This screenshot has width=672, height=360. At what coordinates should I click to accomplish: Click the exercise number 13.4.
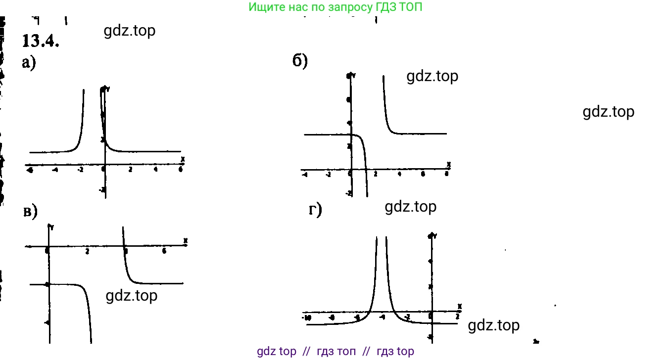41,41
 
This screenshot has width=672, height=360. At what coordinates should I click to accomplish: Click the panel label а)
29,64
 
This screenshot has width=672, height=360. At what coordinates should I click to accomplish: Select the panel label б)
300,61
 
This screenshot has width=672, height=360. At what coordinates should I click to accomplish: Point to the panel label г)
315,211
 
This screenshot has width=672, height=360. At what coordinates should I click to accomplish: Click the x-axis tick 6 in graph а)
181,170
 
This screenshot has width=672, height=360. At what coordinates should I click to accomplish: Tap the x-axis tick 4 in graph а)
156,170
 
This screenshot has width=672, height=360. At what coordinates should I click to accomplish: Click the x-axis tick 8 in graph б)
447,174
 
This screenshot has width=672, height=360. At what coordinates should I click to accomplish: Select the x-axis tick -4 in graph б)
304,175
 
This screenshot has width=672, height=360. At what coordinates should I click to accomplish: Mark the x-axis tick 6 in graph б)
423,174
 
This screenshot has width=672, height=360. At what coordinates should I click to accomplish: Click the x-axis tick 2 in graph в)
87,252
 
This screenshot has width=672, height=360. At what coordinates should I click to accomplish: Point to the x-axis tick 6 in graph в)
164,251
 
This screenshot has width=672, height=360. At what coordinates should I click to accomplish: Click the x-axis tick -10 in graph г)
307,317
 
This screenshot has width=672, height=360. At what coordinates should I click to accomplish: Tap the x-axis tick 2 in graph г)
457,316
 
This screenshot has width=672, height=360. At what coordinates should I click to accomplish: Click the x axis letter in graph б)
448,164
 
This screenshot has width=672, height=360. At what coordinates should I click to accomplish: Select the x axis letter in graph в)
185,240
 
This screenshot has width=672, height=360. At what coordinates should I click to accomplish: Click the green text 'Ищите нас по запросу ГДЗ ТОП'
336,7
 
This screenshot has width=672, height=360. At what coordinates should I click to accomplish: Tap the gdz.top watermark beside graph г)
493,325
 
